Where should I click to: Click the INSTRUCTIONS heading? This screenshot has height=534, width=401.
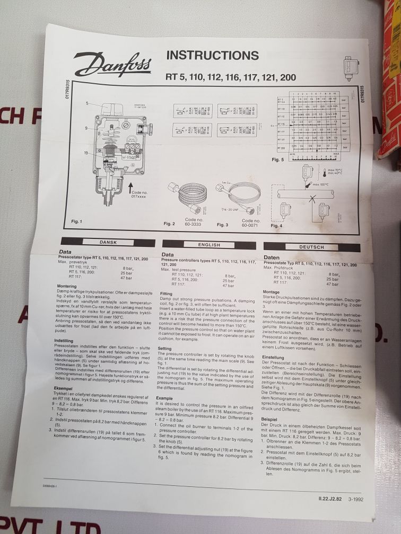click(213, 55)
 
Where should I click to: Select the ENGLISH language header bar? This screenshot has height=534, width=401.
click(209, 244)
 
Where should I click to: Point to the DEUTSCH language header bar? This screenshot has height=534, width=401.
click(311, 247)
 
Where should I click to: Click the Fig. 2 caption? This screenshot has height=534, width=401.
click(169, 224)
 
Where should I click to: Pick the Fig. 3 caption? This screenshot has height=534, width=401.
click(223, 225)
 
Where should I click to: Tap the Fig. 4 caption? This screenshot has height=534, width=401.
click(277, 226)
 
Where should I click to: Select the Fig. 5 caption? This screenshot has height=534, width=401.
click(278, 159)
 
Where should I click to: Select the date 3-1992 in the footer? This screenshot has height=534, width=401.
click(356, 498)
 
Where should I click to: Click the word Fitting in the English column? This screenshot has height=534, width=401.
click(167, 293)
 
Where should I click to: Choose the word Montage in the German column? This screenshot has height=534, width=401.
click(271, 292)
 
